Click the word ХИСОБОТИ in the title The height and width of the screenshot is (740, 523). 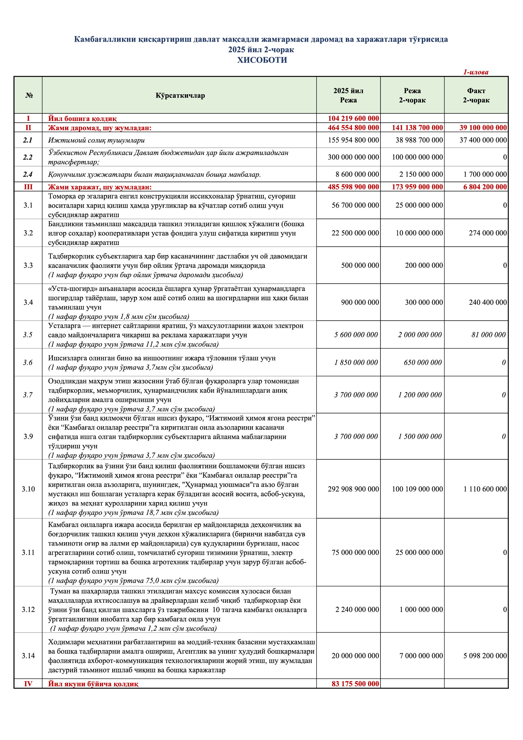pyautogui.click(x=262, y=60)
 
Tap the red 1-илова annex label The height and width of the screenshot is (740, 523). pyautogui.click(x=476, y=72)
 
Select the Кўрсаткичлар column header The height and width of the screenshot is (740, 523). pyautogui.click(x=180, y=95)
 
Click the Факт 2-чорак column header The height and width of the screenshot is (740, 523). pyautogui.click(x=476, y=95)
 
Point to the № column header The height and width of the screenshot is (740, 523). pyautogui.click(x=29, y=95)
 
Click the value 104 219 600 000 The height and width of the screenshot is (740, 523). pyautogui.click(x=353, y=118)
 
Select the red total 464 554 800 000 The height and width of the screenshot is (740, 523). pyautogui.click(x=353, y=128)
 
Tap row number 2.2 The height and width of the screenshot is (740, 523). pyautogui.click(x=28, y=157)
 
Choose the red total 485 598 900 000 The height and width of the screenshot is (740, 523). pyautogui.click(x=353, y=187)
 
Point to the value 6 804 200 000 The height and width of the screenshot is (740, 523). pyautogui.click(x=485, y=187)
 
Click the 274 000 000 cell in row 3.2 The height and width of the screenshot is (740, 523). pyautogui.click(x=488, y=233)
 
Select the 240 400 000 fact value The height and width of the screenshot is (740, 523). pyautogui.click(x=488, y=302)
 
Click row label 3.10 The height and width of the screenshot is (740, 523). pyautogui.click(x=28, y=489)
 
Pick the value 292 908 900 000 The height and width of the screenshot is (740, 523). pyautogui.click(x=353, y=489)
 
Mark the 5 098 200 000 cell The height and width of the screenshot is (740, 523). pyautogui.click(x=485, y=656)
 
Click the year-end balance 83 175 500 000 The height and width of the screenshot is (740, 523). pyautogui.click(x=355, y=684)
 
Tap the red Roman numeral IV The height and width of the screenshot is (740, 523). pyautogui.click(x=28, y=684)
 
